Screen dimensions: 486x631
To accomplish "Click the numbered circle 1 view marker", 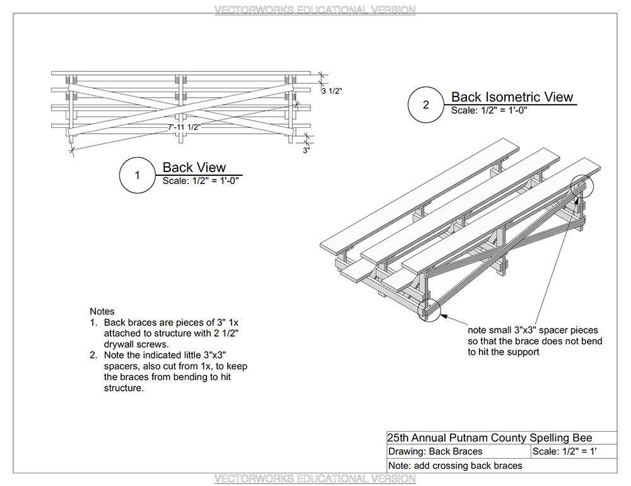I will (x=138, y=175).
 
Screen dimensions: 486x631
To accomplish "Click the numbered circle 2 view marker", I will (x=426, y=105).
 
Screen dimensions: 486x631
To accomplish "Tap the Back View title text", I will (x=194, y=167).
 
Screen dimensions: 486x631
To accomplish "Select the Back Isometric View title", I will (x=512, y=96).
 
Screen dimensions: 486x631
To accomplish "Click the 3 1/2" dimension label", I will (x=333, y=91).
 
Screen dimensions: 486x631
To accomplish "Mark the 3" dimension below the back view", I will (x=306, y=150).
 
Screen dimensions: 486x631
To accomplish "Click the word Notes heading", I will (x=102, y=311).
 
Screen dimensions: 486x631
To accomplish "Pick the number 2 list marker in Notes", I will (x=93, y=355).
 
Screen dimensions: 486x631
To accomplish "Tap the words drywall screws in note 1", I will (x=134, y=344).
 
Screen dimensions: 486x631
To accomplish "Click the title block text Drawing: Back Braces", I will (x=435, y=451).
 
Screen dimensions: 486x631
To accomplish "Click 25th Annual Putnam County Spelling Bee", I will (x=490, y=437).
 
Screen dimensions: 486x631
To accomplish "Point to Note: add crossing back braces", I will (x=455, y=465).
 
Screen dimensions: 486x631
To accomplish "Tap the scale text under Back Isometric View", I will (x=489, y=110).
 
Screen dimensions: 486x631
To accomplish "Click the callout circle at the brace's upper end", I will (x=583, y=187).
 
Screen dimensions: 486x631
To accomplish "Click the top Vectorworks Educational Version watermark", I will (x=315, y=10).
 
